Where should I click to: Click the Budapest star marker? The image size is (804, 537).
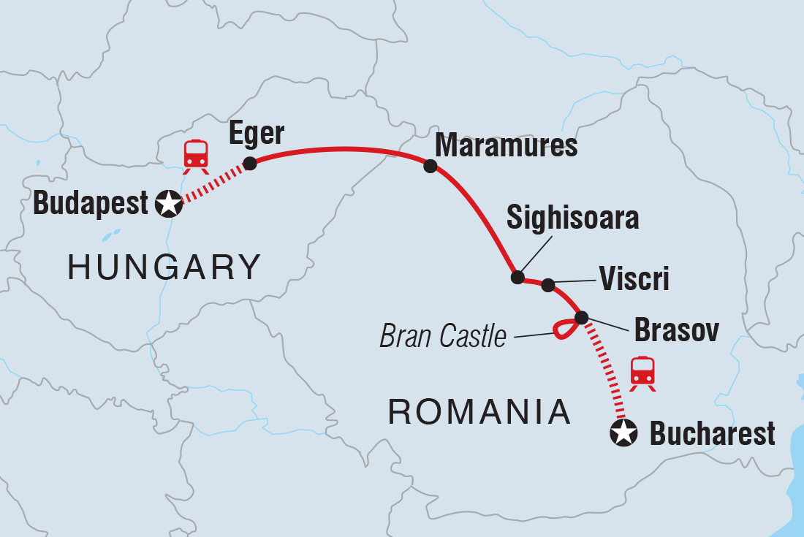coord(170,204)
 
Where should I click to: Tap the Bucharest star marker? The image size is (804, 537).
coord(623,433)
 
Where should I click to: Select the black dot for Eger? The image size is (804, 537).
coord(250,163)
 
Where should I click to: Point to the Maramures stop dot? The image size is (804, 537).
coord(431,167)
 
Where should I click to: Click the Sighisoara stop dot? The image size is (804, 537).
coord(517,277)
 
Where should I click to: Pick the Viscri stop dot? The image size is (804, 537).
coord(548,285)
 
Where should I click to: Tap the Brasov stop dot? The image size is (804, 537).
coord(581,318)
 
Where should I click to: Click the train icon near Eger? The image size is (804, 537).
coord(196,155)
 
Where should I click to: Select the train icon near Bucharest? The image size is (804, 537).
coord(642,371)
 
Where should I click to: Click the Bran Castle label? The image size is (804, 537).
coord(443,336)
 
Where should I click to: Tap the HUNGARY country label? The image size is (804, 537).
coord(164,267)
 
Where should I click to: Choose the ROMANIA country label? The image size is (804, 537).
coord(479,413)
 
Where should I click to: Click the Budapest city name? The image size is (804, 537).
coord(91,204)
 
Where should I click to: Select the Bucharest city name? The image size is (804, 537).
coord(712,434)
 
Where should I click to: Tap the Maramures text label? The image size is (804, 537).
coord(506,146)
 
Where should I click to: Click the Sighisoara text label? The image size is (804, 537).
coord(572,218)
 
